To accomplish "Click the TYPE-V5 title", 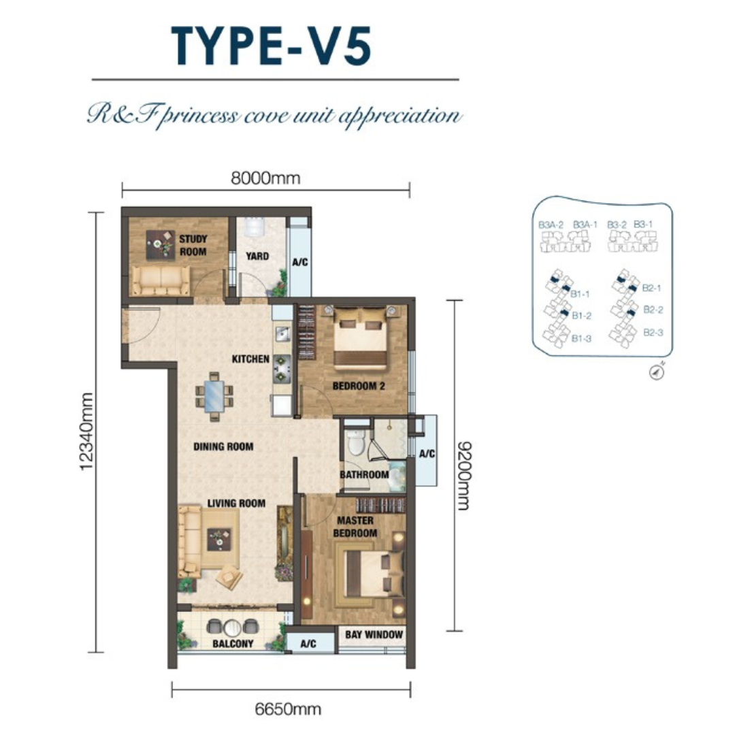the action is (x=272, y=46).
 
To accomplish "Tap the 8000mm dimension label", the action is (x=265, y=178).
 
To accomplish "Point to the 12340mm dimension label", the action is (x=86, y=431).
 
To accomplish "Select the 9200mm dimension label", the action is (x=463, y=475).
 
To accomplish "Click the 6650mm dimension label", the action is (x=288, y=708).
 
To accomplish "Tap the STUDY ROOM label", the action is (x=193, y=245).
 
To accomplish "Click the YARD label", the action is (x=257, y=256).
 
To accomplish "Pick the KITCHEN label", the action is (x=250, y=359).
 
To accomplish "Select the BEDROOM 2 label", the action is (x=359, y=387).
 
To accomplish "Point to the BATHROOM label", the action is (x=364, y=475).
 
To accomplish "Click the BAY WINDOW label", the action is (x=374, y=635).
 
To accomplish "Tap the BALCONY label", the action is (x=233, y=644).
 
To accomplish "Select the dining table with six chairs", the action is (x=214, y=397).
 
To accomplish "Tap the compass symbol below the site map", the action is (x=657, y=372).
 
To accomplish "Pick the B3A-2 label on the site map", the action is (x=551, y=225).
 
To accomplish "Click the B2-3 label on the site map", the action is (x=653, y=332).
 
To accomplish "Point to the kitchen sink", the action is (x=282, y=333).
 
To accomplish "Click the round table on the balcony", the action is (x=233, y=627).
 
